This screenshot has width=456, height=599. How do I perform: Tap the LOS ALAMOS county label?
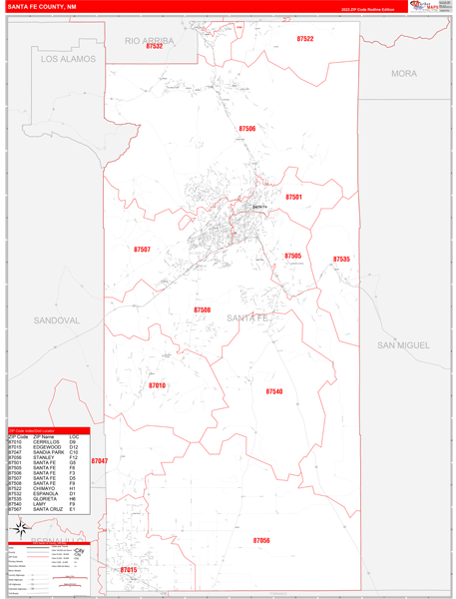pos(68,59)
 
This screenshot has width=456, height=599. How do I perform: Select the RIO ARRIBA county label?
pos(149,40)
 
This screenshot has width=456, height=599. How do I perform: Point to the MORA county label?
pos(404,73)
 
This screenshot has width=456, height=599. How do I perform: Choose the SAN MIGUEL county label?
pos(403,344)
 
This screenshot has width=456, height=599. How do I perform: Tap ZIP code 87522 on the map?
pos(304,39)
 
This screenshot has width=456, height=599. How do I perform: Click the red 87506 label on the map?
pos(246,129)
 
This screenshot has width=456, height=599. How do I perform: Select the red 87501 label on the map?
pos(293,198)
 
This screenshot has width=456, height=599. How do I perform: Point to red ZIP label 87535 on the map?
pos(341,260)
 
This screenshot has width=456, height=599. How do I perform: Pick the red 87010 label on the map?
pos(157,385)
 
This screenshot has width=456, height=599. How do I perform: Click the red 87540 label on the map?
pos(274,392)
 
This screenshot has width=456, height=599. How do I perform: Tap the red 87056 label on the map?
pos(261,540)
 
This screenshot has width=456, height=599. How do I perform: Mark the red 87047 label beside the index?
pos(99,461)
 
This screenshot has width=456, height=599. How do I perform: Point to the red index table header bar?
pos(48,430)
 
